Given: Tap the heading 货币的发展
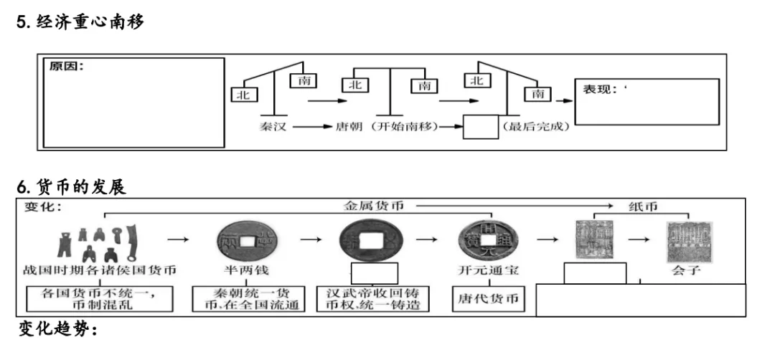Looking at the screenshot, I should pyautogui.click(x=78, y=188).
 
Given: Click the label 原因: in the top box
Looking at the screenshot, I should pyautogui.click(x=67, y=67).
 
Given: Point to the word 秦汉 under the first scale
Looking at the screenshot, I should pyautogui.click(x=273, y=127).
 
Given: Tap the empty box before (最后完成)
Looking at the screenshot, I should pyautogui.click(x=480, y=127).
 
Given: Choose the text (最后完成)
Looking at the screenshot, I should pyautogui.click(x=537, y=127).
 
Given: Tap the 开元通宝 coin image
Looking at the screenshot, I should pyautogui.click(x=488, y=240).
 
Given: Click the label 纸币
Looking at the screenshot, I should pyautogui.click(x=641, y=206).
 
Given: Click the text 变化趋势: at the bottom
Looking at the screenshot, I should pyautogui.click(x=57, y=330).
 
